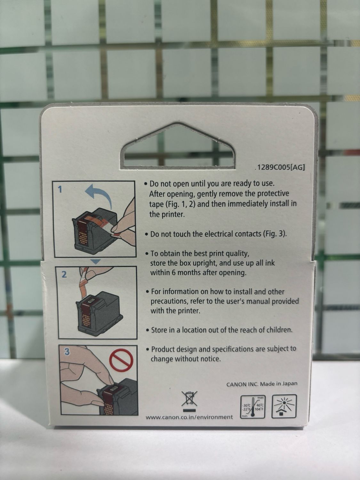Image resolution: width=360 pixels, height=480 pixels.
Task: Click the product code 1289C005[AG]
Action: [x=280, y=168]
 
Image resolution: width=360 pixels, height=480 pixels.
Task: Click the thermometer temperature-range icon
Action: [x=253, y=406]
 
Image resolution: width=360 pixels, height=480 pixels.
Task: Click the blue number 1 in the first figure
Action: [x=60, y=189]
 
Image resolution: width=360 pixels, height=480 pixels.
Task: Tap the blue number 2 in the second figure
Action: [x=64, y=275]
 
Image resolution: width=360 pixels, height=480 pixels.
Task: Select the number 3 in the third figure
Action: [x=67, y=352]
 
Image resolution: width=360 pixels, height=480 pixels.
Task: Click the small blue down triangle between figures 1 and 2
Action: [x=95, y=261]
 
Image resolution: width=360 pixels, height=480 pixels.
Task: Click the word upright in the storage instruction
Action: [x=203, y=263]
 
